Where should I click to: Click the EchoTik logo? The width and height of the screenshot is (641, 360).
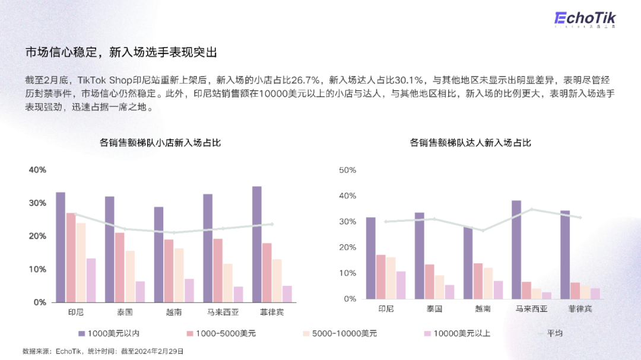[x=586, y=19]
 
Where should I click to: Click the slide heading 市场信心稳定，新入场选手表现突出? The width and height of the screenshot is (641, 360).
[x=121, y=52]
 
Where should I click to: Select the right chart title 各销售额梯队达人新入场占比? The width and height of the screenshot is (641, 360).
[x=470, y=142]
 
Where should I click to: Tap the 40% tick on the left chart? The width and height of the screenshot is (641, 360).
[x=37, y=170]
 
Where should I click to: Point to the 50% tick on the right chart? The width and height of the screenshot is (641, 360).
[x=347, y=170]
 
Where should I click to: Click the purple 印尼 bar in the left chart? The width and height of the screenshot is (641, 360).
[x=61, y=247]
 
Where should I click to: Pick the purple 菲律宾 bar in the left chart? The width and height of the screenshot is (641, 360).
[x=256, y=244]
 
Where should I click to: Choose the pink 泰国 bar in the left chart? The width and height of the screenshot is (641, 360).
[x=120, y=267]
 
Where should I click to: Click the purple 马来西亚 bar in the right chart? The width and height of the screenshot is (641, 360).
[x=516, y=250]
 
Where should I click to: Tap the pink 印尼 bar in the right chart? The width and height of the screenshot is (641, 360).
[x=380, y=277]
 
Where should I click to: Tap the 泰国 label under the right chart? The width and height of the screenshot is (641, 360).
[x=434, y=309]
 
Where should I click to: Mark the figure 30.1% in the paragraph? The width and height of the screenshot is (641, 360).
[x=409, y=79]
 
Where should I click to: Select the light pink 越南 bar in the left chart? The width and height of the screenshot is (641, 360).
[x=179, y=275]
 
